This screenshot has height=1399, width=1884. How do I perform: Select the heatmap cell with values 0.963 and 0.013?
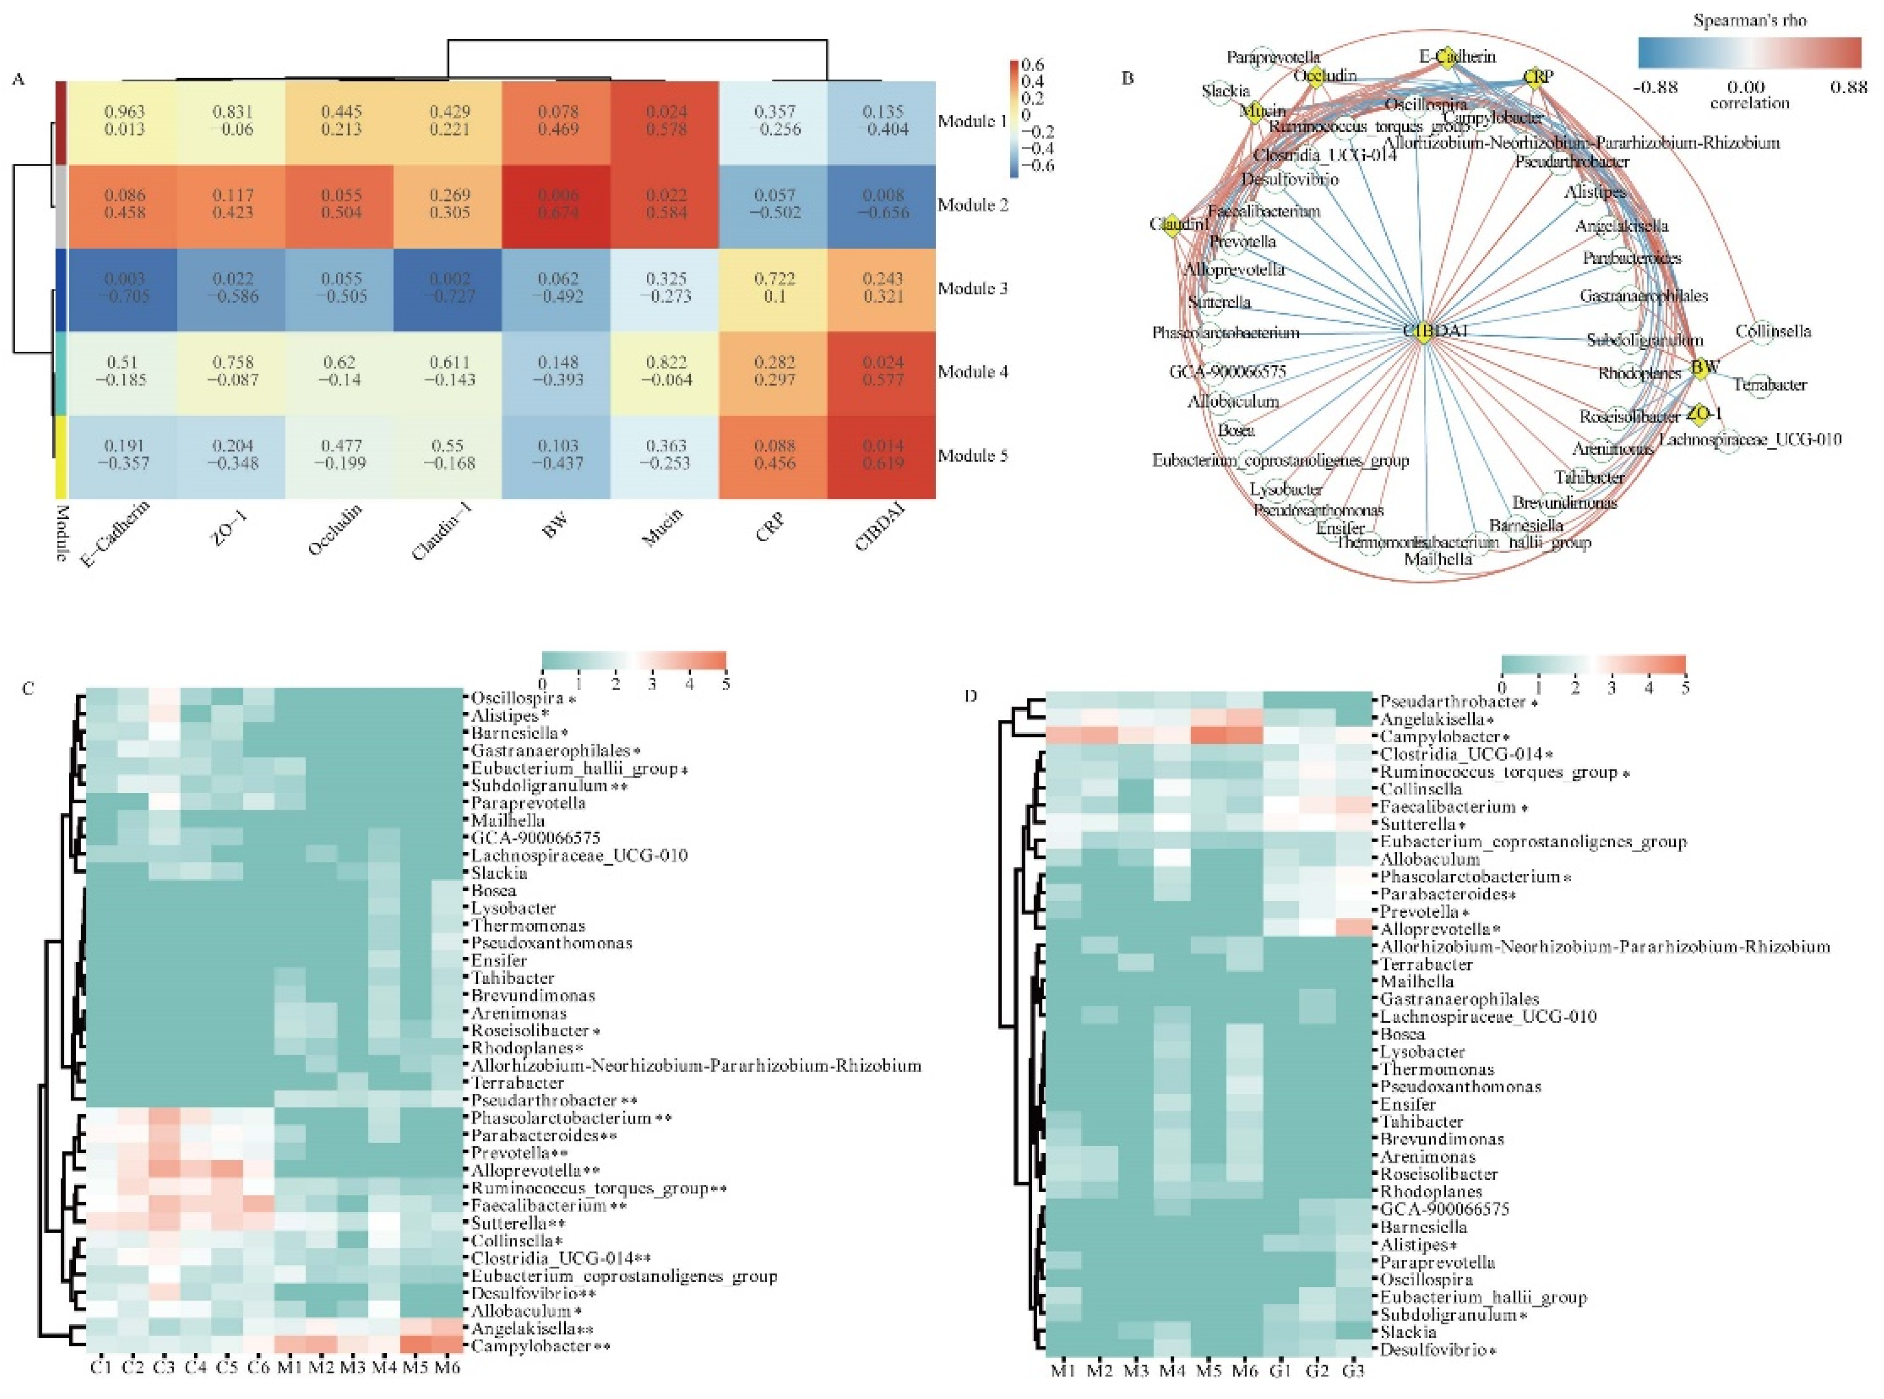[124, 121]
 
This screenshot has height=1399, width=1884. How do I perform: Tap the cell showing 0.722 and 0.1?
[775, 288]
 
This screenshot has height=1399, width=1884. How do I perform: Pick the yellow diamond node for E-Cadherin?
[1446, 56]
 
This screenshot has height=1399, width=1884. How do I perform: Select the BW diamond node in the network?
[1700, 368]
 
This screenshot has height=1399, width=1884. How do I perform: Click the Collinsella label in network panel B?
[1773, 331]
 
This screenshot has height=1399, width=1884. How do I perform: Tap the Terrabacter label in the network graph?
[1770, 385]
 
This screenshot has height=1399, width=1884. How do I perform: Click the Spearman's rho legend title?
[1750, 20]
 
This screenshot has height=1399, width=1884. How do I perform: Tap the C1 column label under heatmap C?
[101, 1367]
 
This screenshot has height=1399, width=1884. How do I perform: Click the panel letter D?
[971, 696]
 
